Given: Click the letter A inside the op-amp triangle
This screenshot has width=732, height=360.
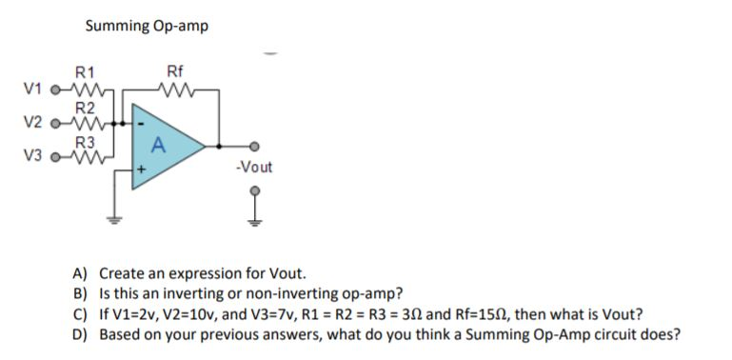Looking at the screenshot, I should click(158, 146).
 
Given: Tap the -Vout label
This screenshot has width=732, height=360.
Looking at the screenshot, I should click(253, 167).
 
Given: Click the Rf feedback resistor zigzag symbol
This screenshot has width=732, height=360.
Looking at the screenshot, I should click(175, 90).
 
